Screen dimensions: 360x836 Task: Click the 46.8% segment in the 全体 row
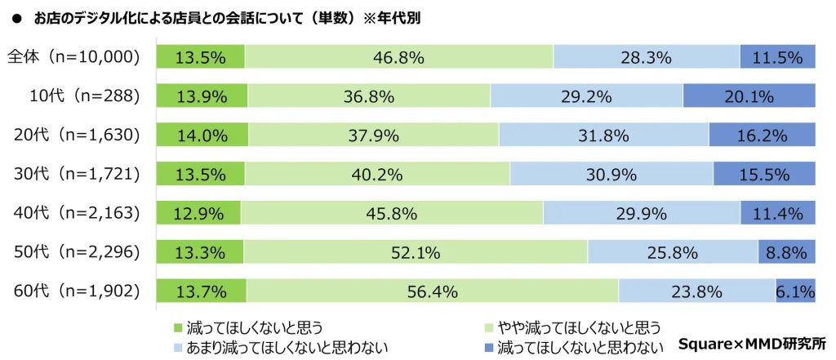pyautogui.click(x=399, y=57)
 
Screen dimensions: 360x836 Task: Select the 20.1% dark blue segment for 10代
pyautogui.click(x=749, y=96)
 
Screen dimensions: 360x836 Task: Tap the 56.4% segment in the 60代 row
pyautogui.click(x=434, y=291)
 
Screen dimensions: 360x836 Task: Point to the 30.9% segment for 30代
pyautogui.click(x=611, y=174)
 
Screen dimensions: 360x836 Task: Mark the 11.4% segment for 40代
pyautogui.click(x=778, y=213)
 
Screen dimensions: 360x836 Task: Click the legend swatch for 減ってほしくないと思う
pyautogui.click(x=179, y=328)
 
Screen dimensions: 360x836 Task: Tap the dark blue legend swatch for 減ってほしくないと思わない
pyautogui.click(x=489, y=347)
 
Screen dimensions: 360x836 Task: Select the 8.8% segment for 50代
pyautogui.click(x=786, y=252)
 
